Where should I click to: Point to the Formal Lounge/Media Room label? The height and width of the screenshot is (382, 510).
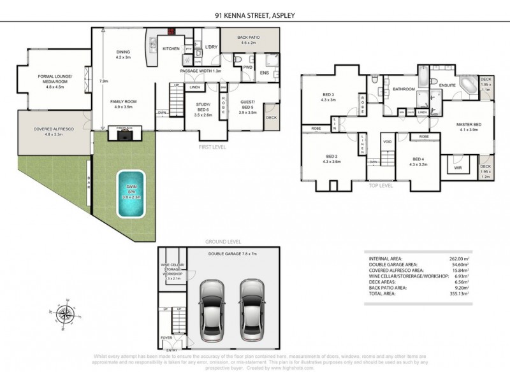pyautogui.click(x=54, y=80)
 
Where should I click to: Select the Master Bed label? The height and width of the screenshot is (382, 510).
pyautogui.click(x=468, y=127)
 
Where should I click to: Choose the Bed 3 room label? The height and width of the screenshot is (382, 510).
pyautogui.click(x=329, y=97)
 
